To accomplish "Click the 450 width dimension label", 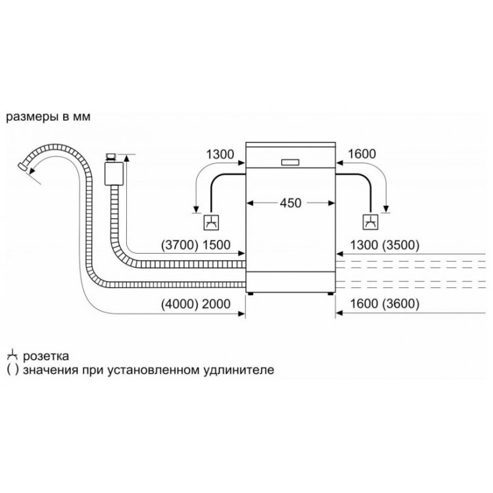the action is (x=291, y=203).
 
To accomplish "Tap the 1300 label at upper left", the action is (x=220, y=154).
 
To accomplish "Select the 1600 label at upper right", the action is (x=362, y=154).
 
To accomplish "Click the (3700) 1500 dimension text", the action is (x=196, y=245).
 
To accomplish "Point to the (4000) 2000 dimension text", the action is (x=196, y=304).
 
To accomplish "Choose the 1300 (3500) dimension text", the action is (x=385, y=245).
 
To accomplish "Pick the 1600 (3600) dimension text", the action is (x=385, y=304).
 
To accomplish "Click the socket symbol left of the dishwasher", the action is (x=211, y=222).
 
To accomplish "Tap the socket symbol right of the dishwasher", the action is (x=371, y=222).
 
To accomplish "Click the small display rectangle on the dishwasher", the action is (x=290, y=162).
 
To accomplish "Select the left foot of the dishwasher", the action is (x=250, y=294).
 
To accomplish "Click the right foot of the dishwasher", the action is (x=330, y=294).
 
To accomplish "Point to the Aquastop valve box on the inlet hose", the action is (x=113, y=173).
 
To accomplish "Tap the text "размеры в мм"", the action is (x=49, y=117).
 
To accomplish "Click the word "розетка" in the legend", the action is (x=46, y=356).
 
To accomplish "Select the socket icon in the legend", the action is (x=12, y=355).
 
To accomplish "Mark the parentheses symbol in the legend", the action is (x=12, y=370).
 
